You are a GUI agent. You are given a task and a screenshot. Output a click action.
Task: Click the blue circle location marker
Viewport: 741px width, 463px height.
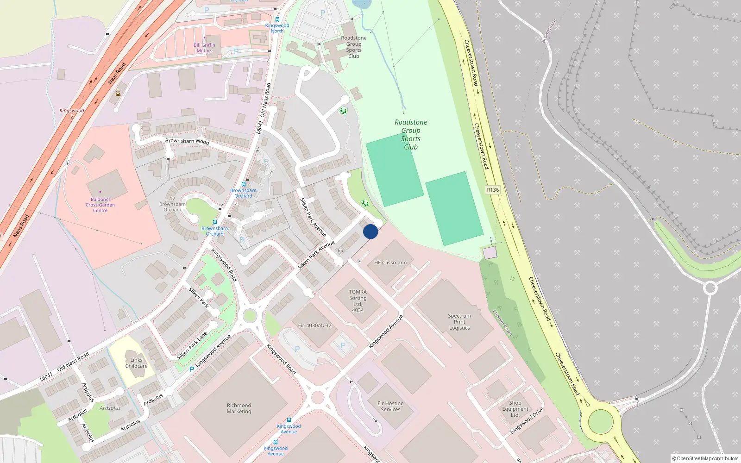[x=370, y=231]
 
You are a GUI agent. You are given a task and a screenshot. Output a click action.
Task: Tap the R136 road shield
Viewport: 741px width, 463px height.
[x=493, y=190]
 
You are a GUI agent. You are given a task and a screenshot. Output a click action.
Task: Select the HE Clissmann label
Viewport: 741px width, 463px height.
[x=390, y=263]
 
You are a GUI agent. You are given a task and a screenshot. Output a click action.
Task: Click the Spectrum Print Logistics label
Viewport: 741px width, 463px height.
[x=459, y=322]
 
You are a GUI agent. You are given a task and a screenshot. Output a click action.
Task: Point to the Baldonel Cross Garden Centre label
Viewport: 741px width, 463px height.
[x=100, y=205]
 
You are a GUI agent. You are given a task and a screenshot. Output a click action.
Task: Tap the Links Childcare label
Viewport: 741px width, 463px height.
[x=137, y=363]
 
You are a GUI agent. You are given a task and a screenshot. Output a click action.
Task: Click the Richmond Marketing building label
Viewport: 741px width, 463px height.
[x=239, y=408]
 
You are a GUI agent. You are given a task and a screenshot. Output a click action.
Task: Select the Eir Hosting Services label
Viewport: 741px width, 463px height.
[x=390, y=407]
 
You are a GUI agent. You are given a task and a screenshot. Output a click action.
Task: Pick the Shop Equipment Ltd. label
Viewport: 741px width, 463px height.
[x=515, y=409]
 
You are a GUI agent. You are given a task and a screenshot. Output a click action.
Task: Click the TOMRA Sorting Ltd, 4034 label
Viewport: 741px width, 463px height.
[x=358, y=301]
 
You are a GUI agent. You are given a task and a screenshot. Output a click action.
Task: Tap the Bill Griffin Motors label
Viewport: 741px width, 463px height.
[x=204, y=48]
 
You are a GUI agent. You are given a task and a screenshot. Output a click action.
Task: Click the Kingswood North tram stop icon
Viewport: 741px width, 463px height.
[x=277, y=19]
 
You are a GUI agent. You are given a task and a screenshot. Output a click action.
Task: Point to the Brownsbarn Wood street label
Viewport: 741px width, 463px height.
[x=187, y=141]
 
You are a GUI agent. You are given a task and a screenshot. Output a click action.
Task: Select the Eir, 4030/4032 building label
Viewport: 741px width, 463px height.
[x=314, y=325]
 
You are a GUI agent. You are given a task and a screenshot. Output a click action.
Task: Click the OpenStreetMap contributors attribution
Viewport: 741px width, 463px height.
[x=705, y=458]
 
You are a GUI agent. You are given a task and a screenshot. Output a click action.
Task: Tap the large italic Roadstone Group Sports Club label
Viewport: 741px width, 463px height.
[x=411, y=134]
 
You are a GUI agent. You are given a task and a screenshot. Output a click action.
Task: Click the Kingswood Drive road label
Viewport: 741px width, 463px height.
[x=527, y=421]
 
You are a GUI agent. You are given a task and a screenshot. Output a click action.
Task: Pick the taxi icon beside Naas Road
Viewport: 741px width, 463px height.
[x=118, y=93]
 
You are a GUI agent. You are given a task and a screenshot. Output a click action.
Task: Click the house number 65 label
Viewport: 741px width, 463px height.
[x=340, y=250]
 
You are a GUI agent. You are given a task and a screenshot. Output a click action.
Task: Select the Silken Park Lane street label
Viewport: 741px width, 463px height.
[x=192, y=346]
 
